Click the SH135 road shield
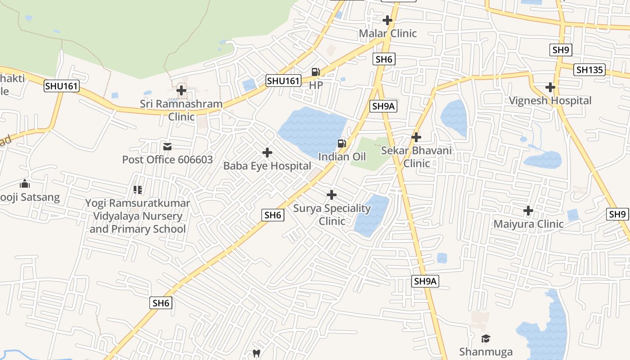pyautogui.click(x=589, y=70)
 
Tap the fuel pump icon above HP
pyautogui.click(x=315, y=72)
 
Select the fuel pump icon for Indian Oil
pyautogui.click(x=342, y=144)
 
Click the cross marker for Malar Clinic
pyautogui.click(x=387, y=20)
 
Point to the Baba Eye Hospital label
pyautogui.click(x=267, y=166)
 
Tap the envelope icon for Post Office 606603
pyautogui.click(x=167, y=147)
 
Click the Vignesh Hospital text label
pyautogui.click(x=550, y=100)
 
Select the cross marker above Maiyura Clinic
pyautogui.click(x=528, y=210)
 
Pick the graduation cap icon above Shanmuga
pyautogui.click(x=486, y=338)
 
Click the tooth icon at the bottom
pyautogui.click(x=256, y=353)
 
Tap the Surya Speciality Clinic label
pyautogui.click(x=332, y=215)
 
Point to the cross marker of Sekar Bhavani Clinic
pyautogui.click(x=416, y=137)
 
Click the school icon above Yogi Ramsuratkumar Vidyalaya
pyautogui.click(x=138, y=190)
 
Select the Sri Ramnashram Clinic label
pyautogui.click(x=181, y=110)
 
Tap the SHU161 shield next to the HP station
pyautogui.click(x=283, y=81)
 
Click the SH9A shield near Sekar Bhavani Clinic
pyautogui.click(x=383, y=106)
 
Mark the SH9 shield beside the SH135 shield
pyautogui.click(x=560, y=50)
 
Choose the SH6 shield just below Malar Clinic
pyautogui.click(x=384, y=59)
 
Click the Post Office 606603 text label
pyautogui.click(x=167, y=159)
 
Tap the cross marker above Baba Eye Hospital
pyautogui.click(x=267, y=153)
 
